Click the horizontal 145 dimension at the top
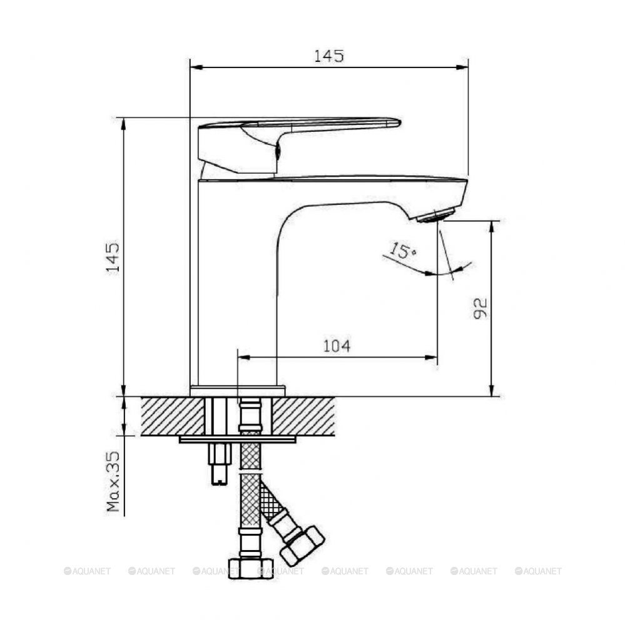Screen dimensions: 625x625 [329, 56]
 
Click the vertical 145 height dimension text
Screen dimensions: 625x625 [113, 257]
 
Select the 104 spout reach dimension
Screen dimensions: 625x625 [337, 346]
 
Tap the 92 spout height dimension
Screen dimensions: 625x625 [480, 308]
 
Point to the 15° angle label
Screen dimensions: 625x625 [402, 251]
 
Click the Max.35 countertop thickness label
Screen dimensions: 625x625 [113, 481]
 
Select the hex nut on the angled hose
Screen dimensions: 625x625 [302, 546]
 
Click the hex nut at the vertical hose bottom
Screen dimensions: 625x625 [251, 568]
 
